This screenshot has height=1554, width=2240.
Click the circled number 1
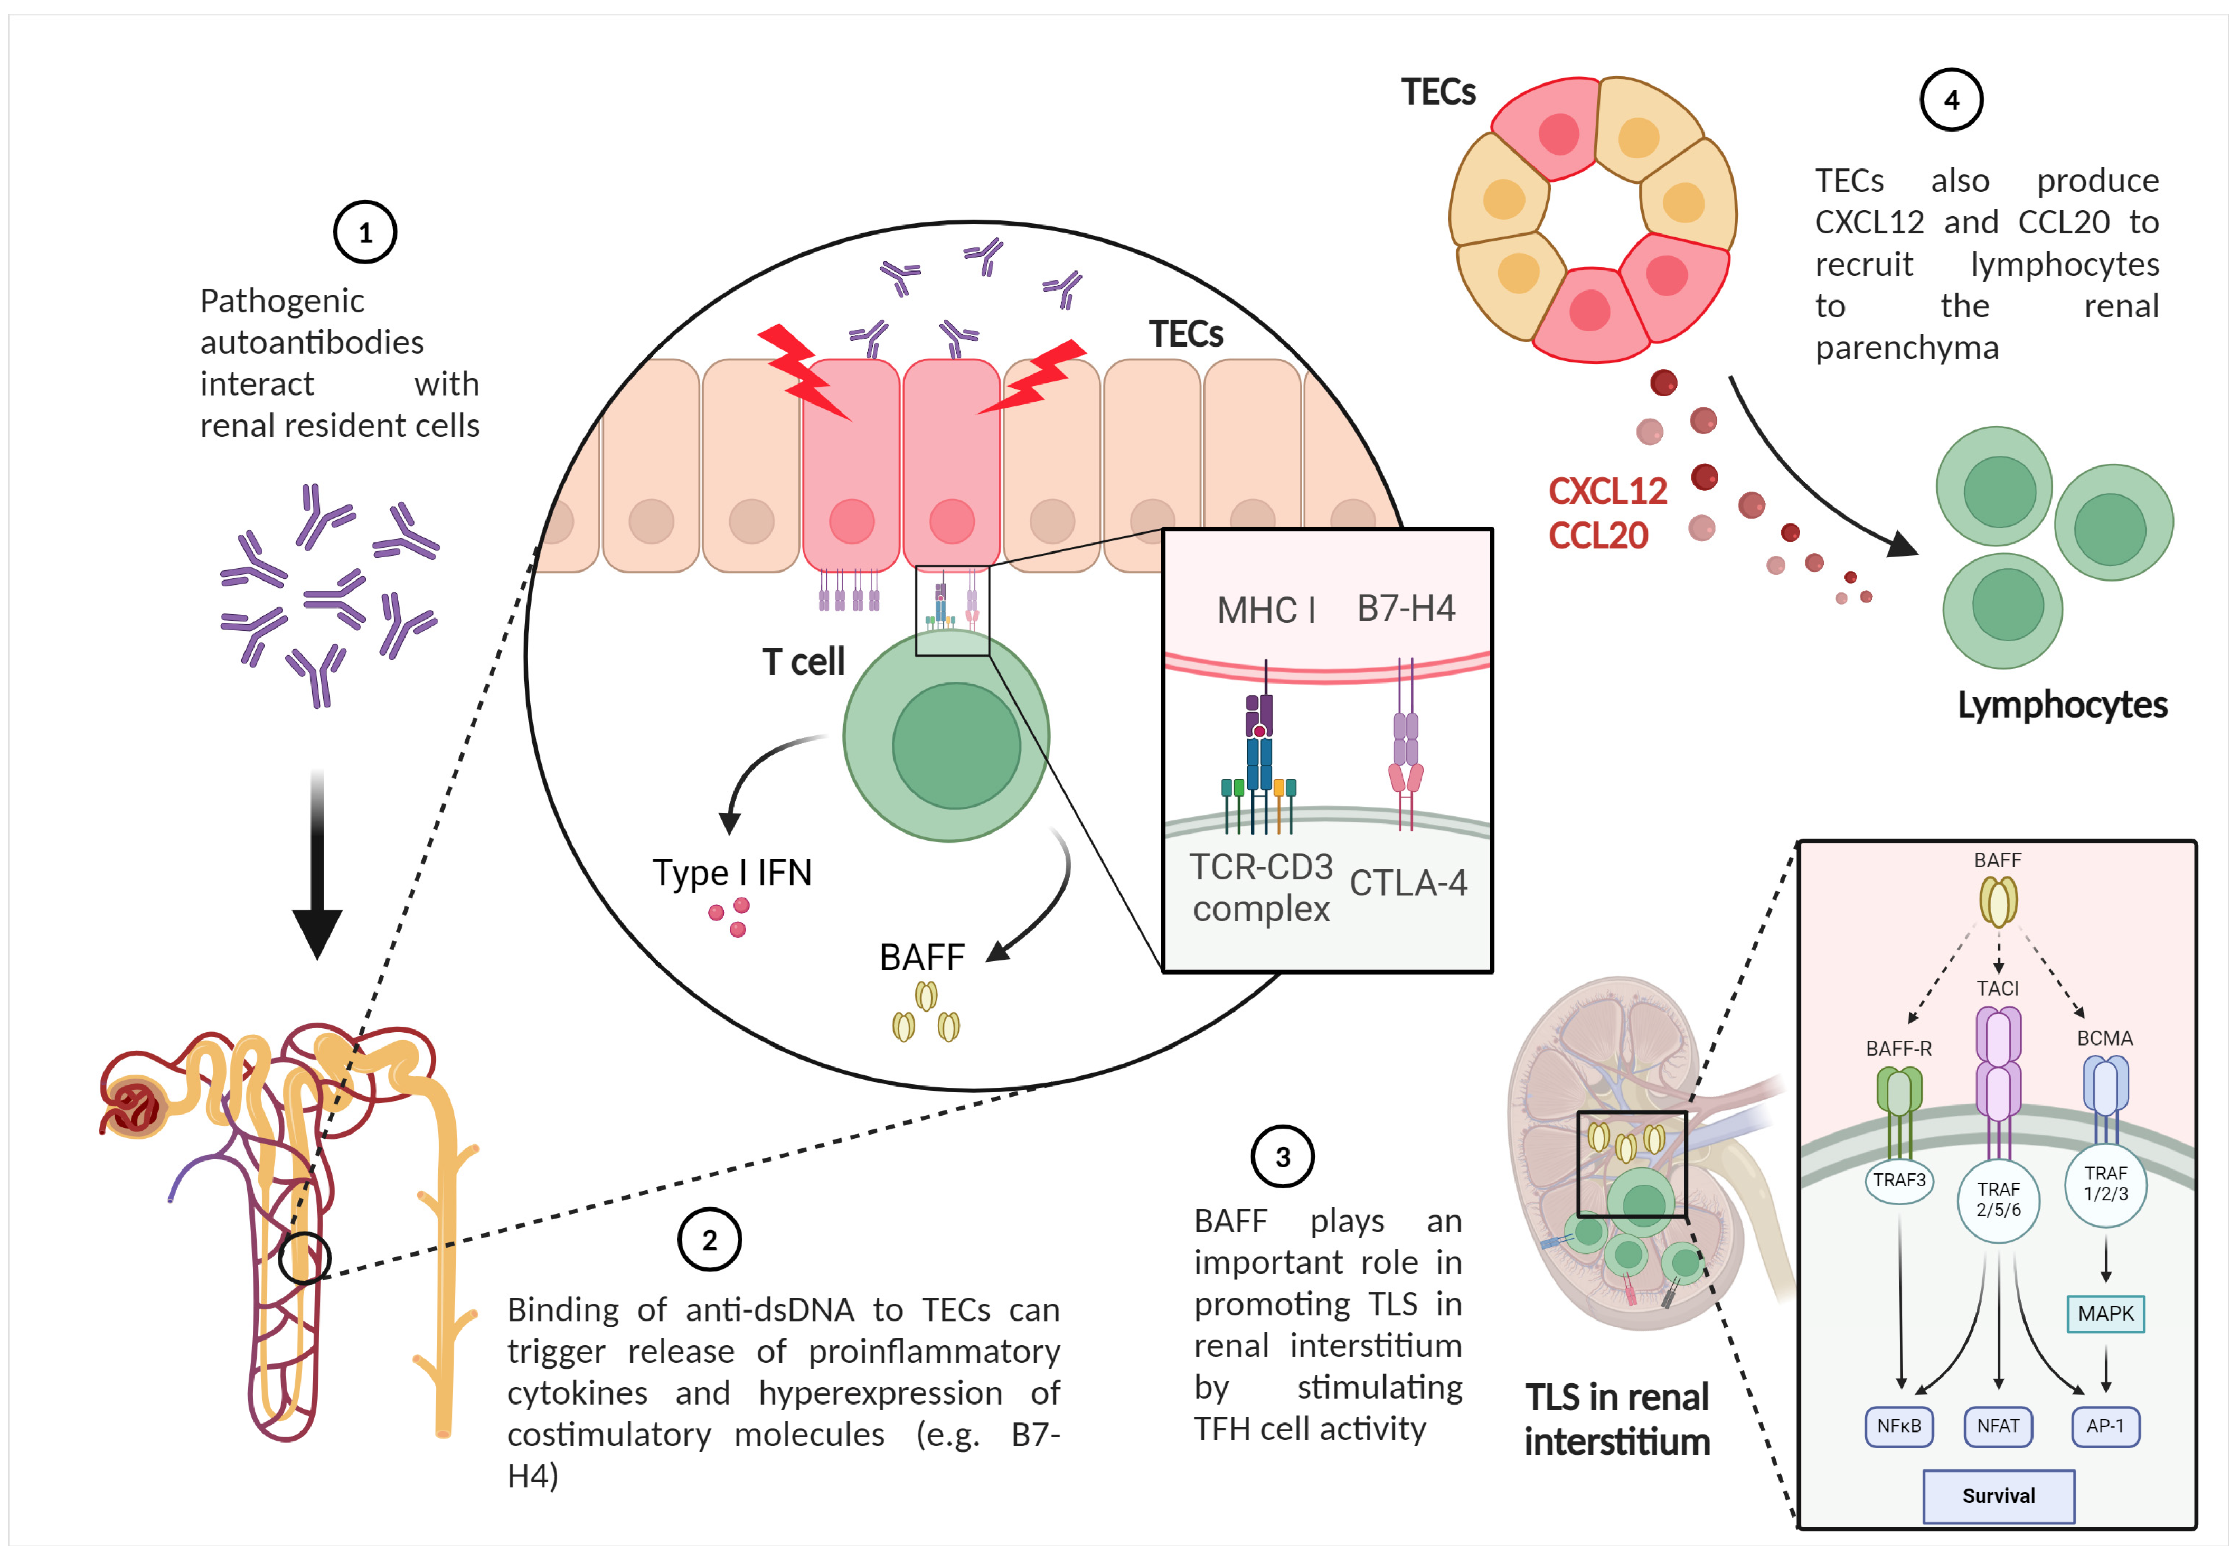pyautogui.click(x=365, y=233)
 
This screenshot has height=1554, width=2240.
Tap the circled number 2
pyautogui.click(x=710, y=1240)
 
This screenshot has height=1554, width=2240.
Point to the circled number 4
pyautogui.click(x=1951, y=99)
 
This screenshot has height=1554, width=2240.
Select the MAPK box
pyautogui.click(x=2105, y=1313)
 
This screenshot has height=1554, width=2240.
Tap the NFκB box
pyautogui.click(x=1898, y=1426)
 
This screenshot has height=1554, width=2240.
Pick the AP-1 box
pyautogui.click(x=2105, y=1426)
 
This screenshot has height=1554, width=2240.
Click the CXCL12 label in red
pyautogui.click(x=1607, y=491)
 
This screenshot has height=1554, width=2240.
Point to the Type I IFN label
pyautogui.click(x=731, y=873)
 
